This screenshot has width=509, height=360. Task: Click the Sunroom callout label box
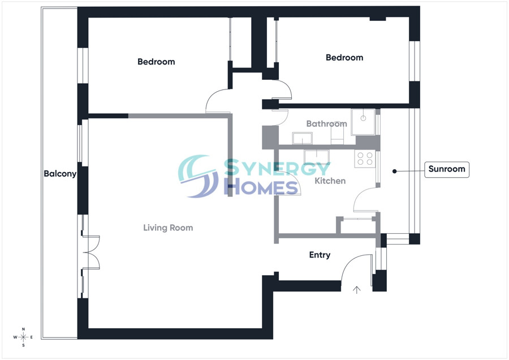click(447, 169)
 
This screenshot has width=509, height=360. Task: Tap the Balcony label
click(60, 174)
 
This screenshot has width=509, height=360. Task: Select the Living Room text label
click(168, 228)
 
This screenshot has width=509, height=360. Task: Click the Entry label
click(320, 255)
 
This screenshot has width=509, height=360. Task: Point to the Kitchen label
click(330, 181)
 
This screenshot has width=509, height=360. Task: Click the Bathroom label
click(326, 124)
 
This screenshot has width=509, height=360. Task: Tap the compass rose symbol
click(23, 337)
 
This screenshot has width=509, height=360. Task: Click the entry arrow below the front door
click(357, 290)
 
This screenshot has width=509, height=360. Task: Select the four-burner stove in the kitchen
click(365, 159)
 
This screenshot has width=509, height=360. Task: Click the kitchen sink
click(317, 157)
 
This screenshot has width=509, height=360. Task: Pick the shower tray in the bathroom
click(363, 122)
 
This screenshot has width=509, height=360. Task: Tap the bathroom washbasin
click(302, 138)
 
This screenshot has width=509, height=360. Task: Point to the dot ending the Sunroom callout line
click(394, 172)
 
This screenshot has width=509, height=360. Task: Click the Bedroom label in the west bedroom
click(156, 62)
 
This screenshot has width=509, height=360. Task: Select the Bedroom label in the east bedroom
click(344, 58)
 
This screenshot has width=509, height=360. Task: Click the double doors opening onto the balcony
click(91, 252)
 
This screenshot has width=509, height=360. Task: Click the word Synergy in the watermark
click(277, 168)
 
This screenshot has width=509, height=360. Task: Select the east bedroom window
click(414, 61)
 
